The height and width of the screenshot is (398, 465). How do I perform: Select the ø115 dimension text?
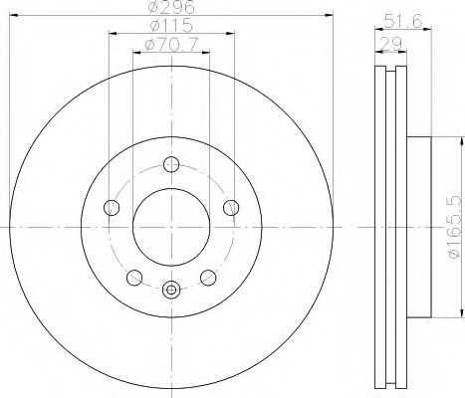point(170,26)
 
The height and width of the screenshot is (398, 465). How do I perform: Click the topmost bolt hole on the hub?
point(171,165)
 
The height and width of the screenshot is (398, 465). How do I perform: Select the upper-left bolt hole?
point(112,208)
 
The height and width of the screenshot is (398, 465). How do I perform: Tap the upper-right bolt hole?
point(231,208)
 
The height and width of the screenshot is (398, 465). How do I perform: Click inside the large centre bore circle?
point(171,228)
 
